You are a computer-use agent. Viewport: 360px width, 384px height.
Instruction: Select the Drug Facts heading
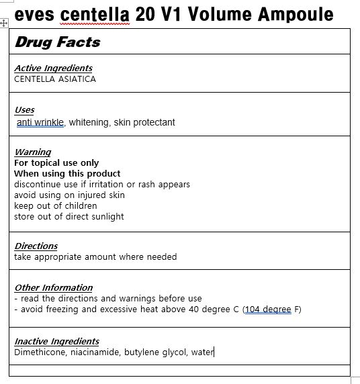click(58, 42)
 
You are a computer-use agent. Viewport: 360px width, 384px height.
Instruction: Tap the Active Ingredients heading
click(54, 68)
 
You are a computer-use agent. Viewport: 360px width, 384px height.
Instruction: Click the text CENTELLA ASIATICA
click(55, 79)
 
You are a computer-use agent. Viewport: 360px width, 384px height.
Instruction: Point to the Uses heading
click(24, 109)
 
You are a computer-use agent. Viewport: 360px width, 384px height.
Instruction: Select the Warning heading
click(33, 152)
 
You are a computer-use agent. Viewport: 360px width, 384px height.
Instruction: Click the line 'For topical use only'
click(56, 162)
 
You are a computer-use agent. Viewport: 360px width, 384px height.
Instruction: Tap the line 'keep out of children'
click(56, 205)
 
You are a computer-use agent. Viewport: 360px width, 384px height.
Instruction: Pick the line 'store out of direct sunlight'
click(69, 216)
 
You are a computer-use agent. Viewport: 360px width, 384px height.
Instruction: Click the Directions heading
click(36, 246)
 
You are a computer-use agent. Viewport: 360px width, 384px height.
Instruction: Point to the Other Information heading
click(54, 287)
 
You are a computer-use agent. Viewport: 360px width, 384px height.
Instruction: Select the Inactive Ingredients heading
click(57, 341)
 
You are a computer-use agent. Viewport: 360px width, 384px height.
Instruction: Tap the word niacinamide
click(94, 352)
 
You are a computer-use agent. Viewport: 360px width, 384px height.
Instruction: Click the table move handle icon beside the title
click(5, 22)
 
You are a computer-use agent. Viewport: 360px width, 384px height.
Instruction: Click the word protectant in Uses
click(154, 122)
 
